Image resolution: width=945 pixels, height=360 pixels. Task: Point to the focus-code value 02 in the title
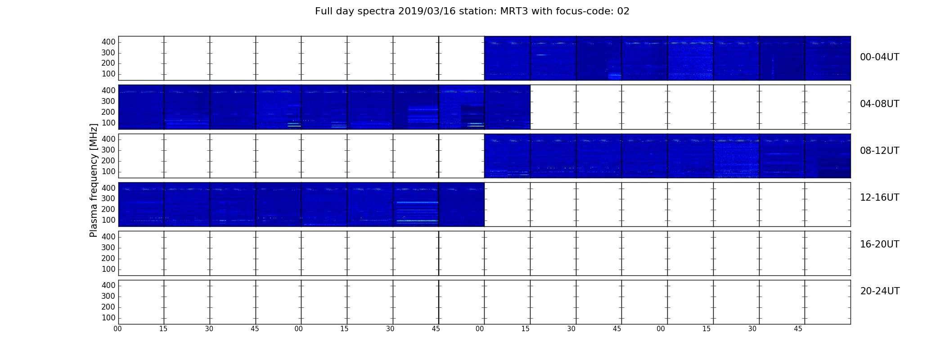(623, 11)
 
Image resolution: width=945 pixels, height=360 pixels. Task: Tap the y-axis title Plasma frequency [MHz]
(94, 180)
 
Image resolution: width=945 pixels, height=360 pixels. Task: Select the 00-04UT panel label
(880, 57)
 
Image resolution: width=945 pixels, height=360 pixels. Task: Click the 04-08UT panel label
(880, 104)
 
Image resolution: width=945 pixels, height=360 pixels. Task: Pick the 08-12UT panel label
(880, 151)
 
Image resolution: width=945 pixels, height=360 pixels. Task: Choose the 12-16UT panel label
(880, 198)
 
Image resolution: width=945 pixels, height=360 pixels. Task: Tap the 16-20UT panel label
(880, 244)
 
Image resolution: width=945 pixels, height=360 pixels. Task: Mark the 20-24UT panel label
(880, 291)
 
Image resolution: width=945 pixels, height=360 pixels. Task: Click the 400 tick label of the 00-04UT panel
(108, 42)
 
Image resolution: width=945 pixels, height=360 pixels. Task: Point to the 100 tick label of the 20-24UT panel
(108, 318)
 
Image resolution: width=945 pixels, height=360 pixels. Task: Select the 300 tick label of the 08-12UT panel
(108, 150)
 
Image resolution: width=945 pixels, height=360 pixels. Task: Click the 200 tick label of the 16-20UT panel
(108, 258)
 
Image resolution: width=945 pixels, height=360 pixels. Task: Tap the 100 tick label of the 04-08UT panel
(108, 123)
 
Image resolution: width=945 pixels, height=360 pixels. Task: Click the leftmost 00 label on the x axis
(117, 329)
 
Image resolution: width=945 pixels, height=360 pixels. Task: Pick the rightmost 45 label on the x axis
(798, 329)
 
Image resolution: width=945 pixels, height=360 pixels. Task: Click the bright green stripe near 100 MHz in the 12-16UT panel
(418, 221)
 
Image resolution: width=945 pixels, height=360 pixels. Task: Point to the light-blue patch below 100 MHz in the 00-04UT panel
(615, 76)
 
